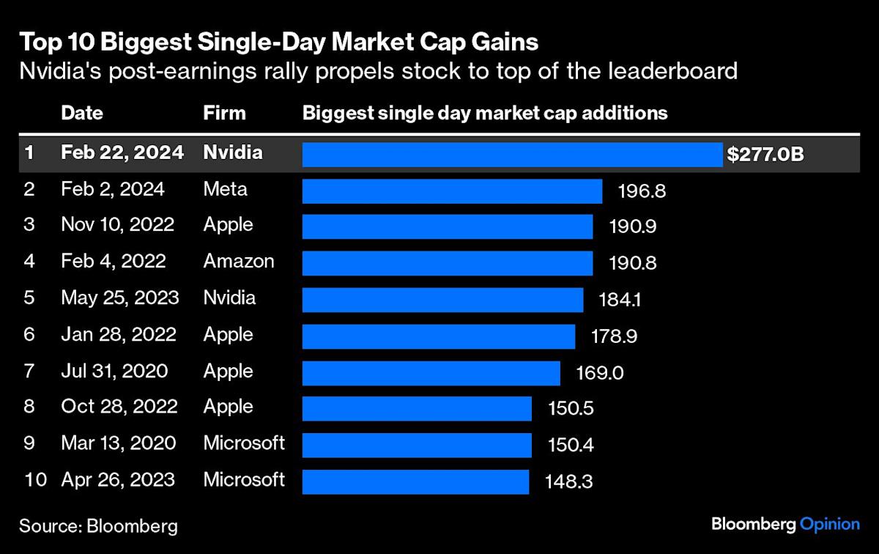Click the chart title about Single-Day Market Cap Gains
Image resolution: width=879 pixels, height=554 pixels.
tap(279, 42)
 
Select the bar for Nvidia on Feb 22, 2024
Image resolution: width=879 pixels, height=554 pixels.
tap(512, 155)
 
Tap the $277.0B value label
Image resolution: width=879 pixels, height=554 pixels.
tap(765, 155)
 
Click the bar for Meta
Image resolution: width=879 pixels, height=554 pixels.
tap(452, 191)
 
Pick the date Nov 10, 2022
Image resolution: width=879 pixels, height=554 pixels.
tap(118, 224)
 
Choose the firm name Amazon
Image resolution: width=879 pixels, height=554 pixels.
tap(239, 261)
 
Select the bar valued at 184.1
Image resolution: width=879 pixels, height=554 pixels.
tap(442, 300)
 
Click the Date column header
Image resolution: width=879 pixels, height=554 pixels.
tap(82, 114)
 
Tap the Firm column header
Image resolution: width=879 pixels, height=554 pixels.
tap(224, 114)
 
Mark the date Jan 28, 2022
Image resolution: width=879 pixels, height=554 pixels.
tap(119, 335)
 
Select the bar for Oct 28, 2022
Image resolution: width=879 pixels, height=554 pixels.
tap(417, 408)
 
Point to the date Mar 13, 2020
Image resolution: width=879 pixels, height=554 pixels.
tap(119, 443)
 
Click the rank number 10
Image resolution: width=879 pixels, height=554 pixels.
tap(35, 480)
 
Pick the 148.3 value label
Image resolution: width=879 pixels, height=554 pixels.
tap(568, 481)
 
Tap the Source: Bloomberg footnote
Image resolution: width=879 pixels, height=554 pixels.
tap(98, 525)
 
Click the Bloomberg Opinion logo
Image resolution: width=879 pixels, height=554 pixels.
tap(785, 524)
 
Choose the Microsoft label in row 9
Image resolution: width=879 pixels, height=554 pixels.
tap(244, 443)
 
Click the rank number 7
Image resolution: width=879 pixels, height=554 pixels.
tap(29, 371)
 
